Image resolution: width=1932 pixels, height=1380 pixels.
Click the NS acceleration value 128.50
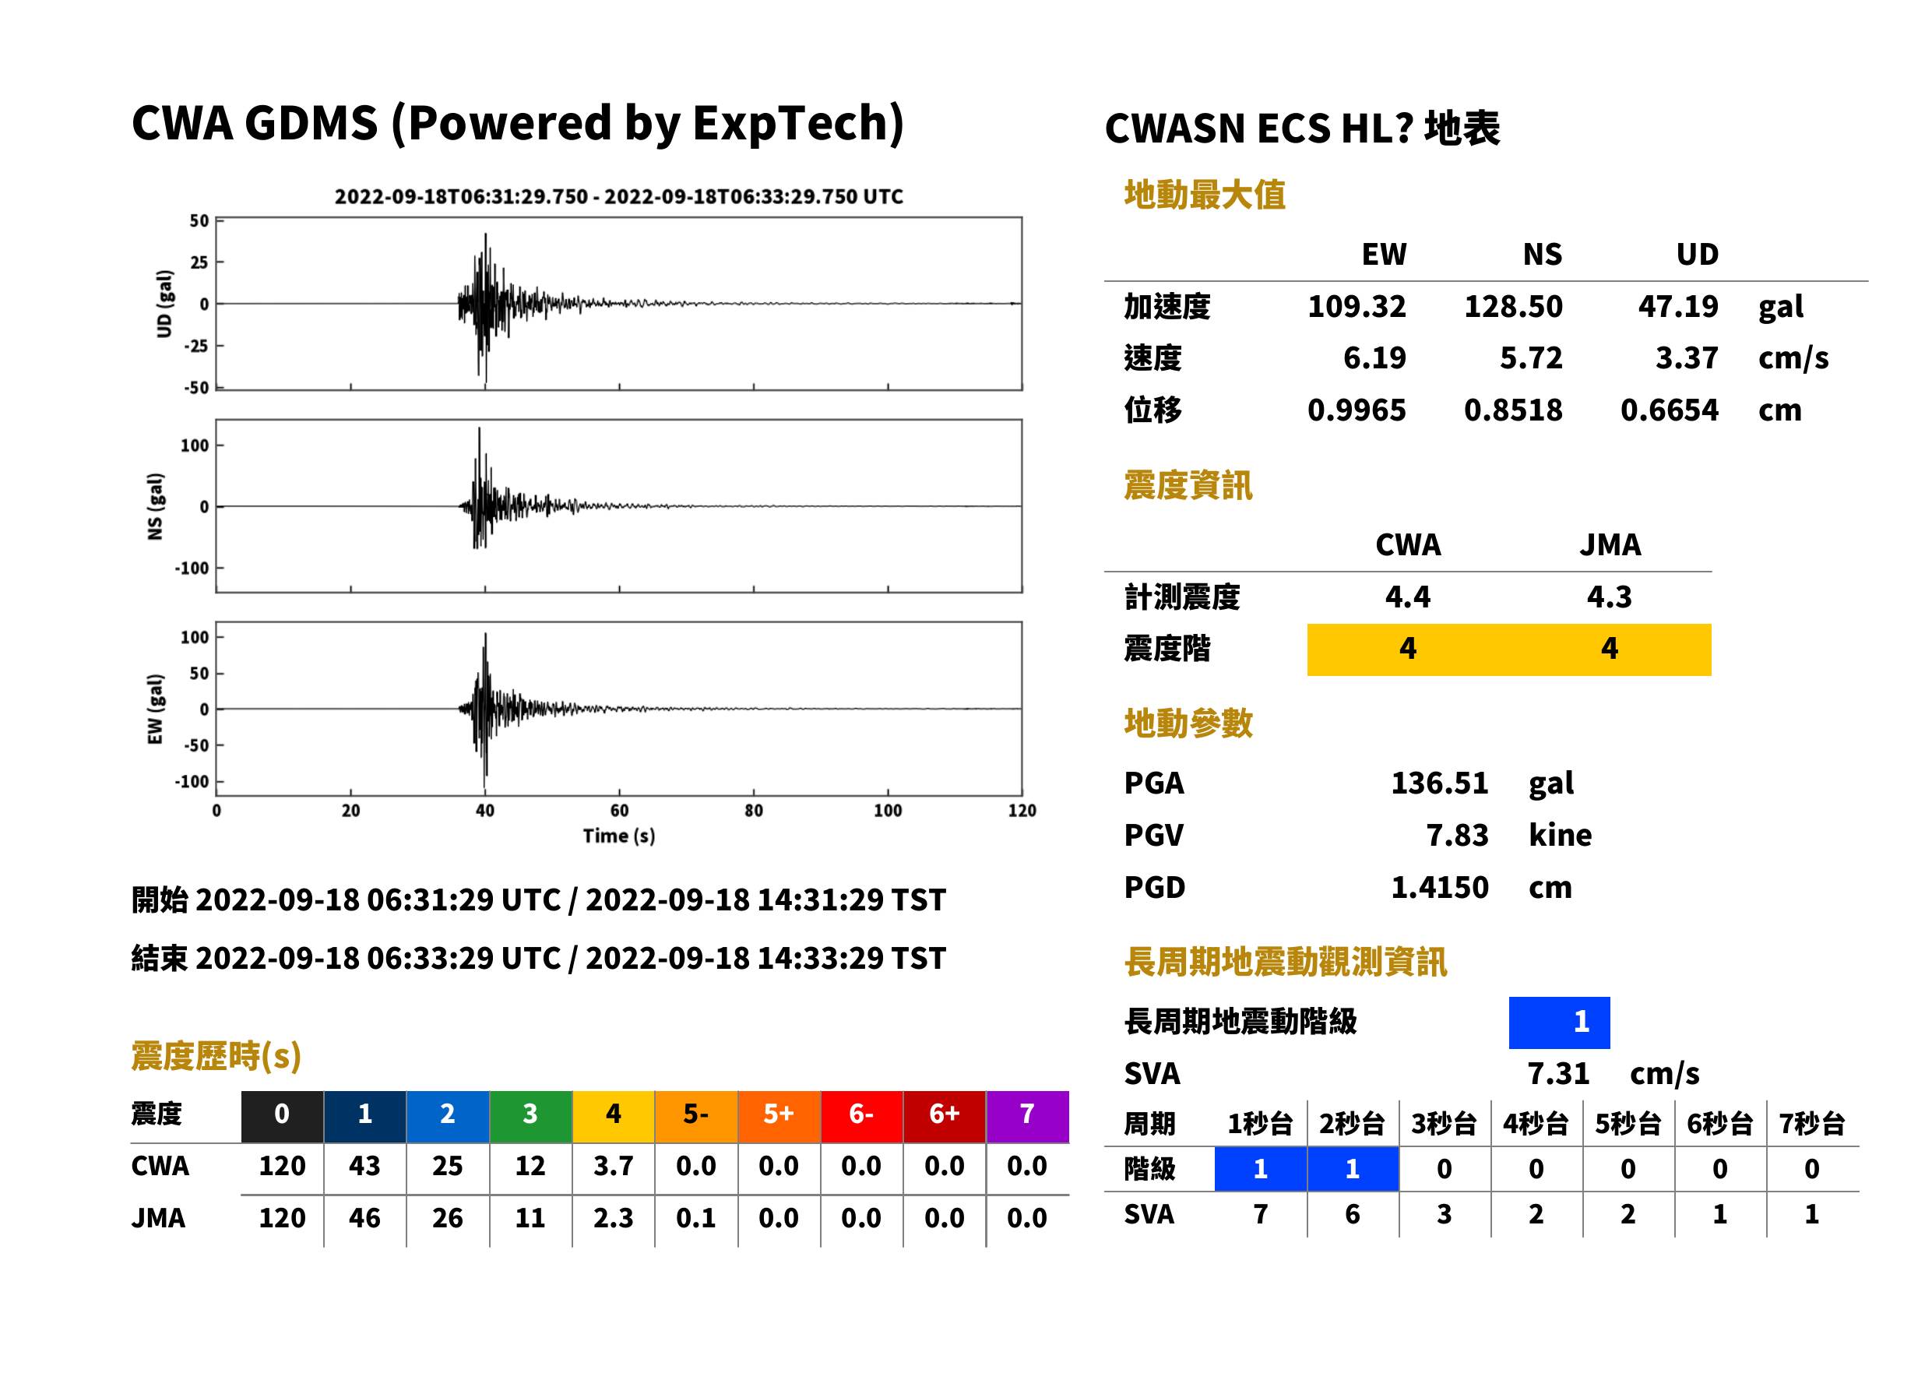pos(1512,307)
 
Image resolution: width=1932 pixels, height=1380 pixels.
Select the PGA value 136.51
pos(1439,783)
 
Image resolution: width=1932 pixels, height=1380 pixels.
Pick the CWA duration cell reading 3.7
pos(614,1166)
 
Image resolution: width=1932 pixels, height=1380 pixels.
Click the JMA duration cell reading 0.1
pos(696,1219)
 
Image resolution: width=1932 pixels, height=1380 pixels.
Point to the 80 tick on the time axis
pos(754,811)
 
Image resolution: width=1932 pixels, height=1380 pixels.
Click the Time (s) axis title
pos(618,836)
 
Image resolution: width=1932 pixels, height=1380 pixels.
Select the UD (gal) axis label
pos(164,304)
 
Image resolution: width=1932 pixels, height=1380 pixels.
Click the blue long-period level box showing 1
pos(1559,1023)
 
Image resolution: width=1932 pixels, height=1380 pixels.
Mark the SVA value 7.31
pos(1558,1074)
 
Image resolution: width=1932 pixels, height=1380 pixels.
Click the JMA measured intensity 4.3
pos(1609,597)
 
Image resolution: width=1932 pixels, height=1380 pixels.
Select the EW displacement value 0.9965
pos(1357,410)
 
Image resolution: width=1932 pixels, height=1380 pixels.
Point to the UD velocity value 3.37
pos(1687,358)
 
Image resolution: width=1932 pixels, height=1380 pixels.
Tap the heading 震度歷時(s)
pos(216,1056)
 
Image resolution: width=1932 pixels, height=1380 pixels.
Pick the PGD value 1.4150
pos(1439,888)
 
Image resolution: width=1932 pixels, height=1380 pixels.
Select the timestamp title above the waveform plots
pos(618,197)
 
